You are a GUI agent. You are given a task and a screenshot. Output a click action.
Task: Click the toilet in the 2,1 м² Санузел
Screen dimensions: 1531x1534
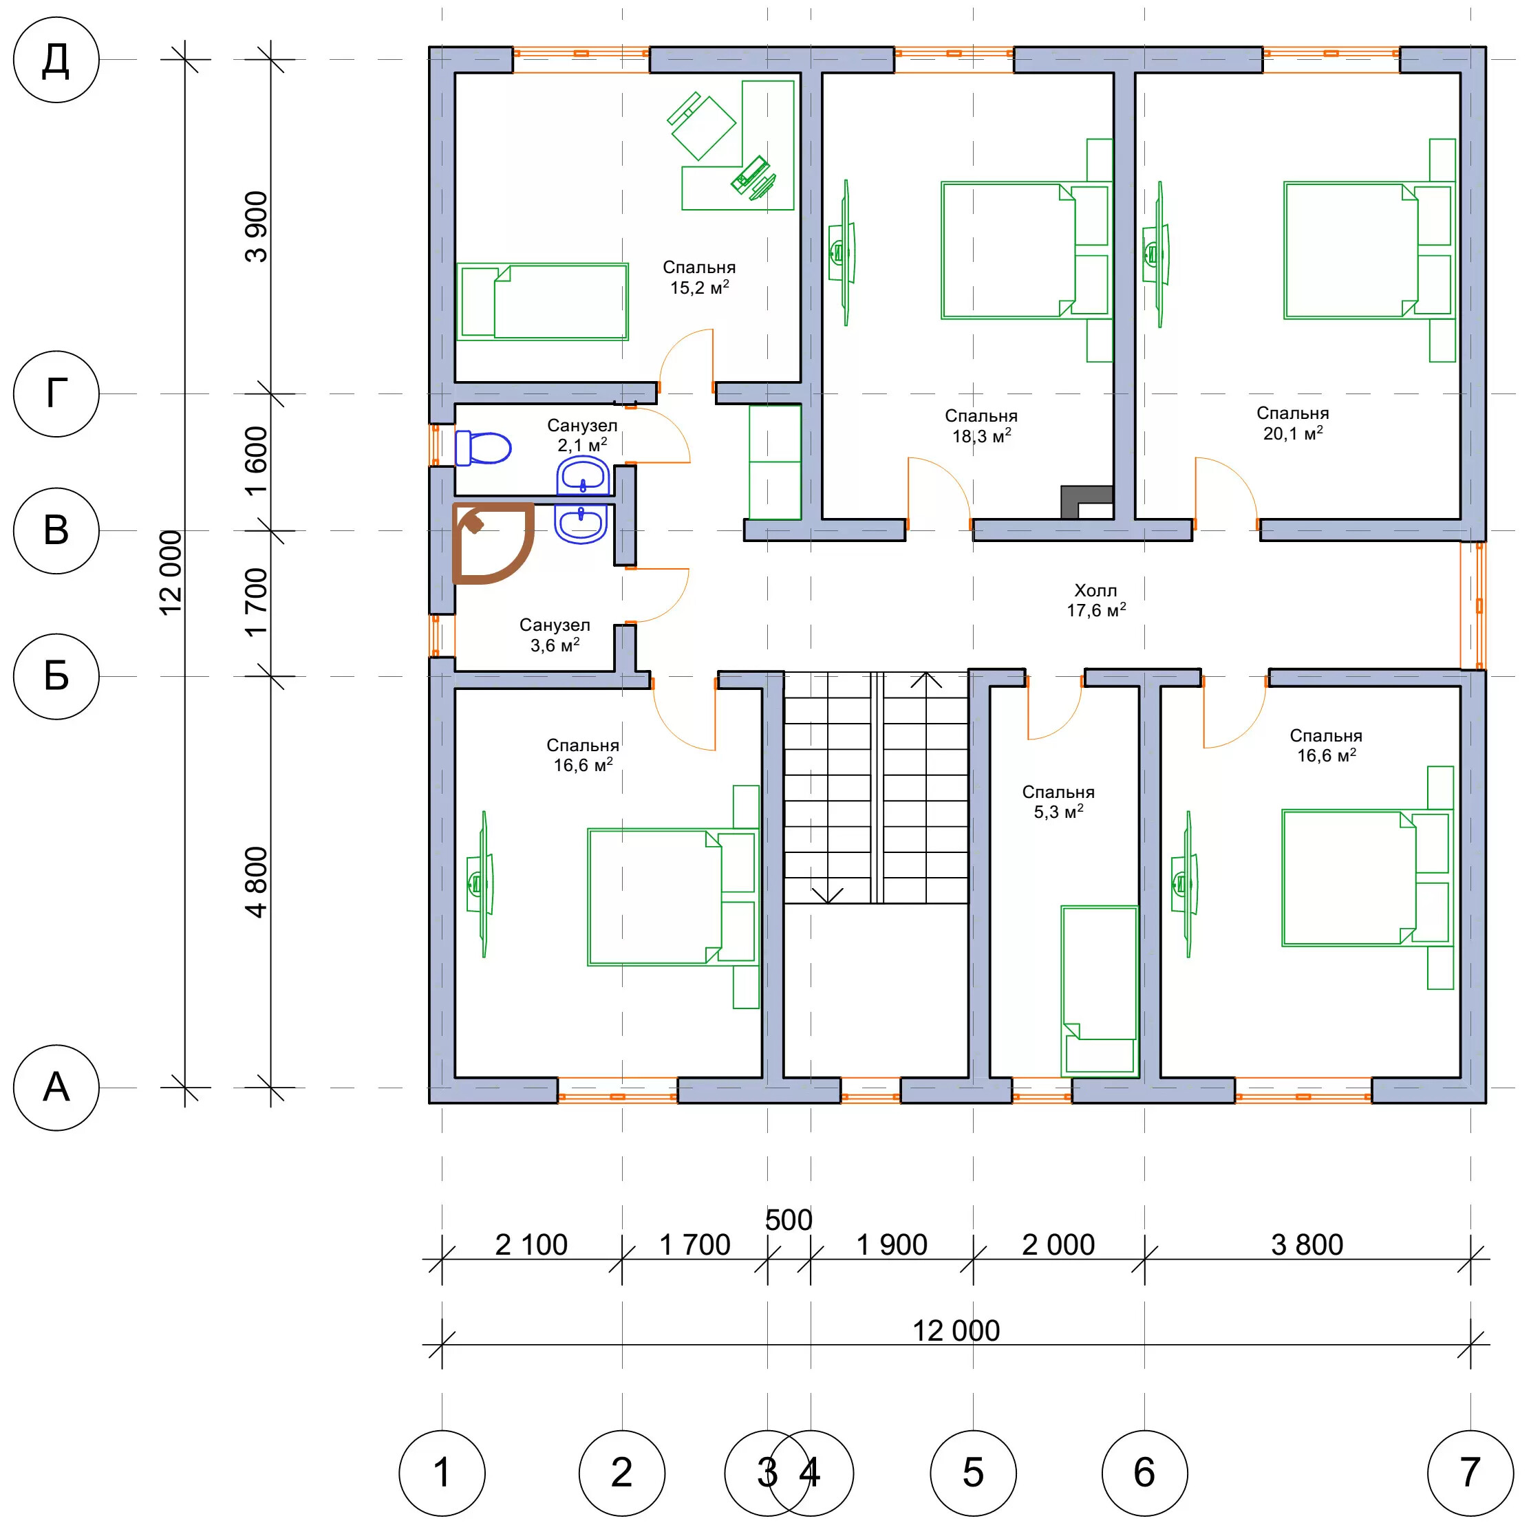(x=483, y=449)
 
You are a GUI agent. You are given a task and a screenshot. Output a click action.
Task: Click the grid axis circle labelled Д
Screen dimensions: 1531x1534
(x=56, y=60)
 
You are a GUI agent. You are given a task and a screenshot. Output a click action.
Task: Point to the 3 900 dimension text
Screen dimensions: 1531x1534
(x=257, y=226)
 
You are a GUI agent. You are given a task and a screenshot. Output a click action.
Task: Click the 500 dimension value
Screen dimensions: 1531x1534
(x=789, y=1220)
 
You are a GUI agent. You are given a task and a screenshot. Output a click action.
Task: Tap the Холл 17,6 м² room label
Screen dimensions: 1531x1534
(x=1096, y=601)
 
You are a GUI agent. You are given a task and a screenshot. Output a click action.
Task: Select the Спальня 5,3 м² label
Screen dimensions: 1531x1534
(x=1058, y=802)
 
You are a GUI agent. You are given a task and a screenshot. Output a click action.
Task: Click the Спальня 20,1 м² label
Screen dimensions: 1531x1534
(x=1293, y=423)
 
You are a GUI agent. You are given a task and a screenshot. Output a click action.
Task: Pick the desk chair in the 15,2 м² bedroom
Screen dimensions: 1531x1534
(x=701, y=125)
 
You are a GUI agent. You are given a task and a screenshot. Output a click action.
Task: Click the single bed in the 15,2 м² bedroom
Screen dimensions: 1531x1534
(x=542, y=302)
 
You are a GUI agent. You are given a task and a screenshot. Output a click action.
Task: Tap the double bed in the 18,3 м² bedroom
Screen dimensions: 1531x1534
(x=1026, y=250)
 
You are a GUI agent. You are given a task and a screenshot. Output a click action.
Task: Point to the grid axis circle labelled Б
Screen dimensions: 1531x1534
(x=56, y=676)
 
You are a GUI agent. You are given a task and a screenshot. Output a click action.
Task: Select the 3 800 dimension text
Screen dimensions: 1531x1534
(x=1307, y=1245)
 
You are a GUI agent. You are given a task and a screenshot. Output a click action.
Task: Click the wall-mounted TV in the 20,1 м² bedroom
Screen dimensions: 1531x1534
(x=1155, y=253)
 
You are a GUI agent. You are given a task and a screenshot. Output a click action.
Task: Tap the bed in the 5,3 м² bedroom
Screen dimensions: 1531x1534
(x=1100, y=991)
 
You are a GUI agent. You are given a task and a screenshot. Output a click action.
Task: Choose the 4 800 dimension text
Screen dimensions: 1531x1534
(x=257, y=882)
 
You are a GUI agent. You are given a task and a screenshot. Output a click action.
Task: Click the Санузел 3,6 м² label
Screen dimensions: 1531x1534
(x=555, y=635)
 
